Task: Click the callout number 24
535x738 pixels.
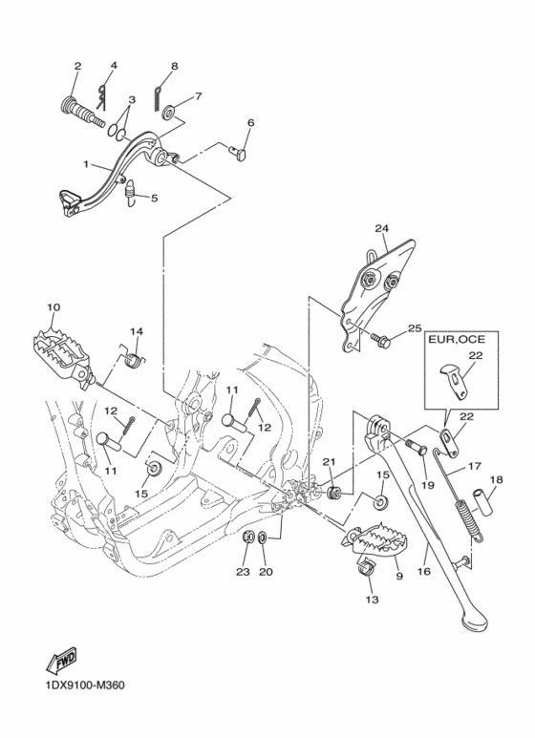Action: click(x=381, y=228)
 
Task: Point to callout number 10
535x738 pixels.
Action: click(x=53, y=307)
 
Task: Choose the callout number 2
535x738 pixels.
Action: click(x=77, y=66)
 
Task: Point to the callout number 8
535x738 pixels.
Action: click(x=174, y=66)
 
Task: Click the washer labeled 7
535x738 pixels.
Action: click(x=169, y=113)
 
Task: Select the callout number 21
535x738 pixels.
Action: click(x=327, y=462)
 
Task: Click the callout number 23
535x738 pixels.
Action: click(x=243, y=572)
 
